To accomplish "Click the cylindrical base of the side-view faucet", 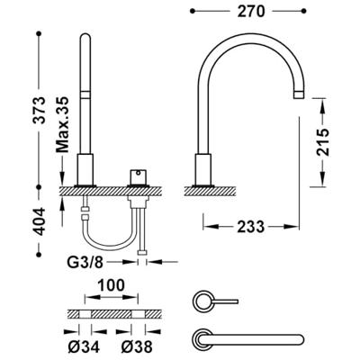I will coord(202,168).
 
